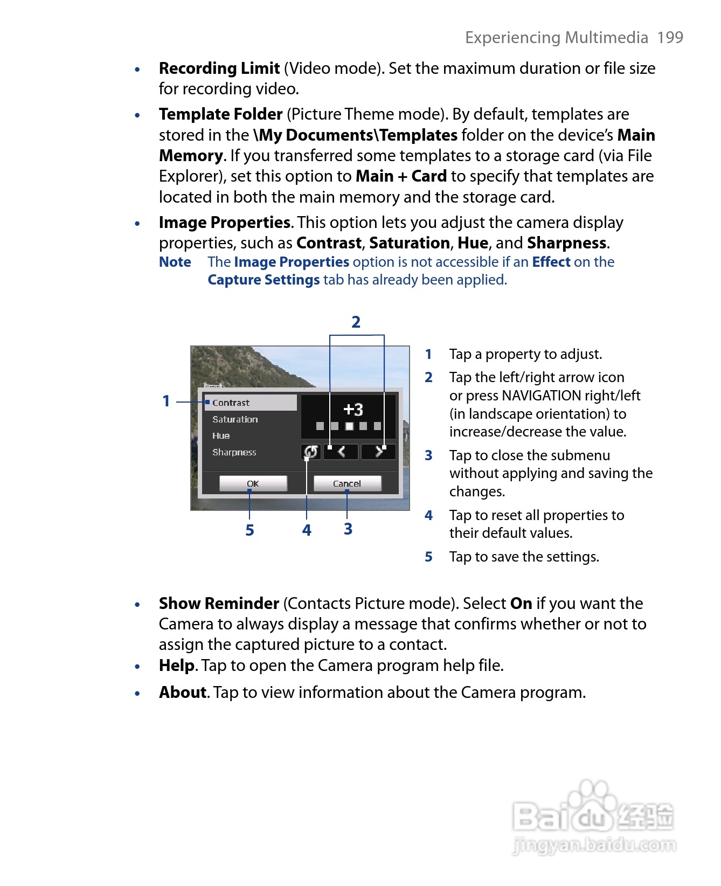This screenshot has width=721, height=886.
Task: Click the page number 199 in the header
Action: tap(670, 37)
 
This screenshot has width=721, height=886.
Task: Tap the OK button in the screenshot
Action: tap(253, 483)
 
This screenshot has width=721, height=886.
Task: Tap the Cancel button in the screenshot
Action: tap(347, 483)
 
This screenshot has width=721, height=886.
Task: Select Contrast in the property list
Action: tap(251, 403)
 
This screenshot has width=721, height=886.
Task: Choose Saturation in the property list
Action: tap(235, 419)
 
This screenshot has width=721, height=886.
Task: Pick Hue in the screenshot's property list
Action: tap(221, 435)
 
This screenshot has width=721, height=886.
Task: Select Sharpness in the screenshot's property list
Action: tap(234, 452)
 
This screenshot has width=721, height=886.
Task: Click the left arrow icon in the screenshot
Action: tap(341, 452)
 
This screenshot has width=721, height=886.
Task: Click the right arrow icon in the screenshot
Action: tap(378, 452)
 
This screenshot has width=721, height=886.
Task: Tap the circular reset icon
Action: tap(311, 452)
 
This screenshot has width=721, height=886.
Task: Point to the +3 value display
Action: tap(353, 410)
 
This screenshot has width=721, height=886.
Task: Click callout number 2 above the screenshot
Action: tap(356, 322)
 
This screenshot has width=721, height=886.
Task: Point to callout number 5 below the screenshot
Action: tap(249, 530)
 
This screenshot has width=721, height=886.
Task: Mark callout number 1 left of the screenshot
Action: tap(167, 401)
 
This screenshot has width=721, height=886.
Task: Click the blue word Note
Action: tap(175, 262)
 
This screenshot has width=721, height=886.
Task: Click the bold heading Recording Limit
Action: tap(219, 68)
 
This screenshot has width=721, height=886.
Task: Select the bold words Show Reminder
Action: tap(219, 603)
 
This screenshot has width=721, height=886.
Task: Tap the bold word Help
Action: tap(176, 666)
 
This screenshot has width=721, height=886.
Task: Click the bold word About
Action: tap(183, 692)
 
